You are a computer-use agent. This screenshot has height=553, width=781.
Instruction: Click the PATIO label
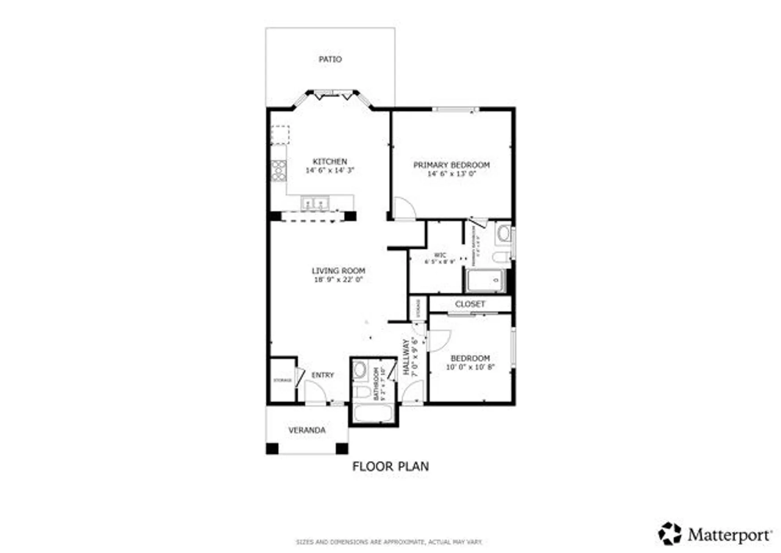pos(330,59)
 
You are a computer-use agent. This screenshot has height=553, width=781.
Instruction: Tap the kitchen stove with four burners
pos(278,171)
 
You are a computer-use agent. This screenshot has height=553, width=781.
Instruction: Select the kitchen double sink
pos(315,203)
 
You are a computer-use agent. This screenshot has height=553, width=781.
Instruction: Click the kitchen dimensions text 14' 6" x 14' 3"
pos(330,170)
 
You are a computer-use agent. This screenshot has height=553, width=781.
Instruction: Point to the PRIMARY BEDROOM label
pos(451,165)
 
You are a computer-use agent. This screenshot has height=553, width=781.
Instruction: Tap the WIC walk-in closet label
pos(440,255)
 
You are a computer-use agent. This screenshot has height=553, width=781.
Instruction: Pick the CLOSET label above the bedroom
pos(470,304)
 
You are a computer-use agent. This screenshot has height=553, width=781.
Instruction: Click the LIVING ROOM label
pos(338,270)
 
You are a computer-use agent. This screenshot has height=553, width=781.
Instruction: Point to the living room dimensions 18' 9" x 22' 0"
pos(338,279)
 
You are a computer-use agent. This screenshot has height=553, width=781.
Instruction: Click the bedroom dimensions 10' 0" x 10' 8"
pos(470,367)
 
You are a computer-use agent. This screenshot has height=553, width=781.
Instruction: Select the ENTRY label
pos(323,375)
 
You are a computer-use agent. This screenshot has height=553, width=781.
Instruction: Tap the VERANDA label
pos(307,430)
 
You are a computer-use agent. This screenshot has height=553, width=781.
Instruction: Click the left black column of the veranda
pos(272,448)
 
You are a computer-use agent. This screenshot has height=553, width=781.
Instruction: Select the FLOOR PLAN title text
pos(390,466)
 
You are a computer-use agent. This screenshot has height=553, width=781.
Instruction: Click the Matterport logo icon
pos(670,533)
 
